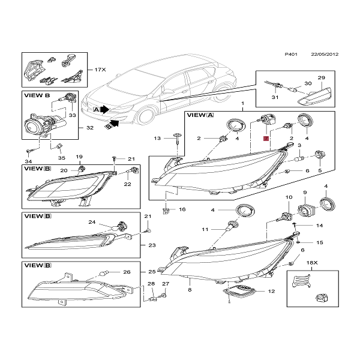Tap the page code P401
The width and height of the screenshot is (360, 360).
tap(290, 54)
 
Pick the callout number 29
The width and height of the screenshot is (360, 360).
tap(320, 79)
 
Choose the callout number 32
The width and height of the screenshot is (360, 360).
tap(90, 128)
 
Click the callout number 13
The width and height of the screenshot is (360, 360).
tap(157, 139)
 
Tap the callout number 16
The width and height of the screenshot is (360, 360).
tap(182, 209)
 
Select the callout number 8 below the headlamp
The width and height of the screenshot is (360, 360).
tap(190, 290)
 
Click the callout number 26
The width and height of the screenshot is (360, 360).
tap(127, 272)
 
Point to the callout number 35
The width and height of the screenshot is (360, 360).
tap(61, 158)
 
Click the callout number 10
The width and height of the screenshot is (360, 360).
tap(288, 197)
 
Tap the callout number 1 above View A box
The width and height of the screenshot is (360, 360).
tap(243, 104)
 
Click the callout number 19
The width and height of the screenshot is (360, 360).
tap(79, 157)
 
